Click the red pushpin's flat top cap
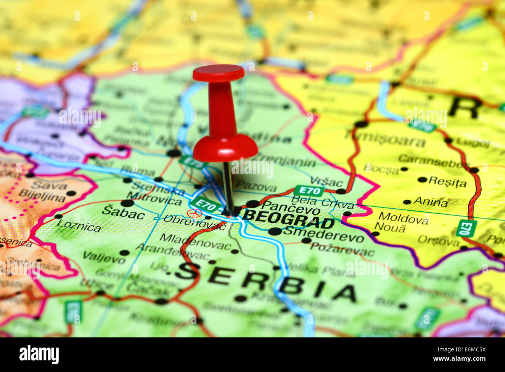218,73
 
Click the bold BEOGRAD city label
288,219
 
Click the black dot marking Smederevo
275,231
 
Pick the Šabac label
123,213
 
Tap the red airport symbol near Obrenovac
195,213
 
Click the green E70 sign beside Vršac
309,190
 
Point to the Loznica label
78,225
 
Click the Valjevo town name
104,257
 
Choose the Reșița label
447,182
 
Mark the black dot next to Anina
407,202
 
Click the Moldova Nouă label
402,223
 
